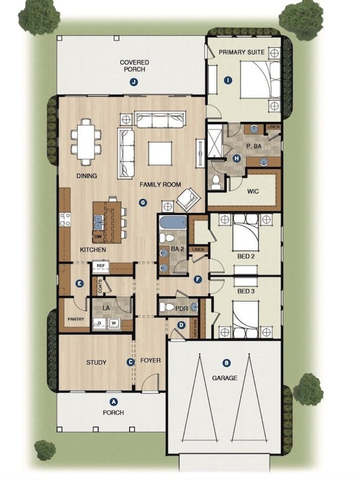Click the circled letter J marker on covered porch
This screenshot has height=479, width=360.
[x=133, y=82]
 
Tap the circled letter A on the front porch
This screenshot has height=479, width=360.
[x=114, y=401]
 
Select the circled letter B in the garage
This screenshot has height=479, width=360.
[x=226, y=363]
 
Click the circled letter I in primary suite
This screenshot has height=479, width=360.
[x=227, y=80]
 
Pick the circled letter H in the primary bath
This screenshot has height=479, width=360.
[x=236, y=158]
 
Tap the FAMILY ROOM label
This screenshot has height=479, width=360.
[x=160, y=184]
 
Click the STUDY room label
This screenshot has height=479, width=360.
[x=96, y=362]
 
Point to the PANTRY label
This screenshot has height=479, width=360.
[x=75, y=320]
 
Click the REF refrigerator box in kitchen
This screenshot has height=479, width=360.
[x=101, y=265]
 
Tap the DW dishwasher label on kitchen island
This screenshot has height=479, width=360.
[x=98, y=237]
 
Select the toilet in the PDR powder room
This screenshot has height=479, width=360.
[x=167, y=308]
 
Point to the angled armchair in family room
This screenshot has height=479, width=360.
[x=187, y=198]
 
